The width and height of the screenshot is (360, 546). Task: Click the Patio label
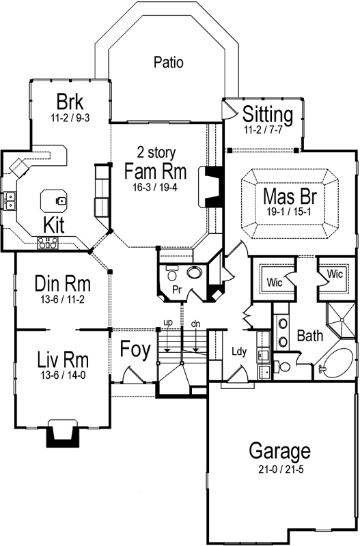168,63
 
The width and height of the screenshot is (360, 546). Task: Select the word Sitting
268,113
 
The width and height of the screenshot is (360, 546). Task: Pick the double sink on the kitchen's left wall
11,200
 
